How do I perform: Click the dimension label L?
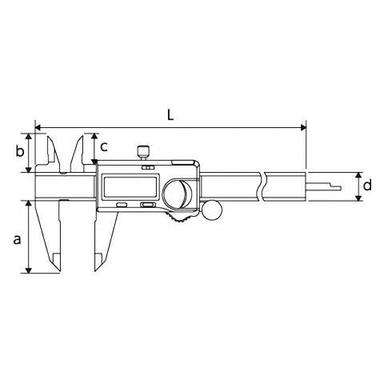pos(170,115)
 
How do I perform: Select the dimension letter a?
pos(17,239)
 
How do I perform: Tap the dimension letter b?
pos(20,151)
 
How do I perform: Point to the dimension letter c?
pos(104,146)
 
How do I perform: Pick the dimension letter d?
pos(367,185)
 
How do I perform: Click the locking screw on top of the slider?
pos(143,153)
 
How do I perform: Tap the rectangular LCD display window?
pos(130,186)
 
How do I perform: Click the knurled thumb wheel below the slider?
pos(181,217)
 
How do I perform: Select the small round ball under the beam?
pos(212,210)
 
